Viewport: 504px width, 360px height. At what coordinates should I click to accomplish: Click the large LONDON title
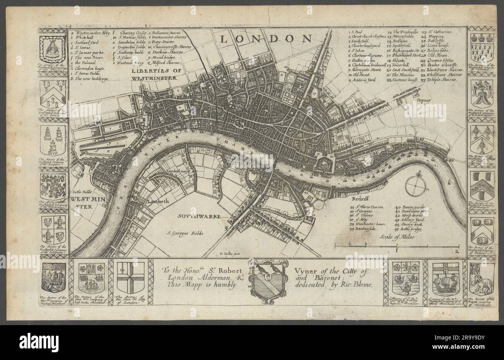266,39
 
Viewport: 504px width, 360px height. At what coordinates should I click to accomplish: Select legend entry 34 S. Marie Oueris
366,208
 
